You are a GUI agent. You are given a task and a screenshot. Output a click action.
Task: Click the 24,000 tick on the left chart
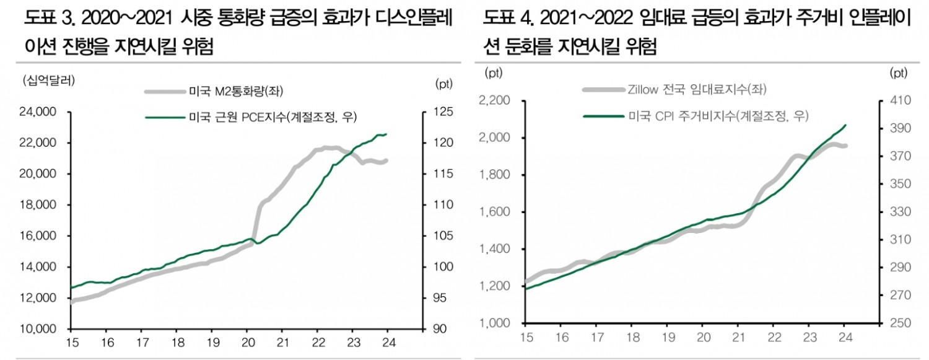pyautogui.click(x=38, y=112)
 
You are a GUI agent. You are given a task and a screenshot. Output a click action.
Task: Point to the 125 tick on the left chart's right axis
pyautogui.click(x=445, y=112)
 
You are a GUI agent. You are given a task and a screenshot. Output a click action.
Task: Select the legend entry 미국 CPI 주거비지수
pyautogui.click(x=719, y=115)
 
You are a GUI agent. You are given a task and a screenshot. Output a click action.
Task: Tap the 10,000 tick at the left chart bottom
pyautogui.click(x=38, y=329)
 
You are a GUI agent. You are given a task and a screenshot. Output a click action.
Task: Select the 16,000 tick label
pyautogui.click(x=38, y=236)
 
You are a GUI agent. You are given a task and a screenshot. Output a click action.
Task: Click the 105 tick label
pyautogui.click(x=445, y=236)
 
